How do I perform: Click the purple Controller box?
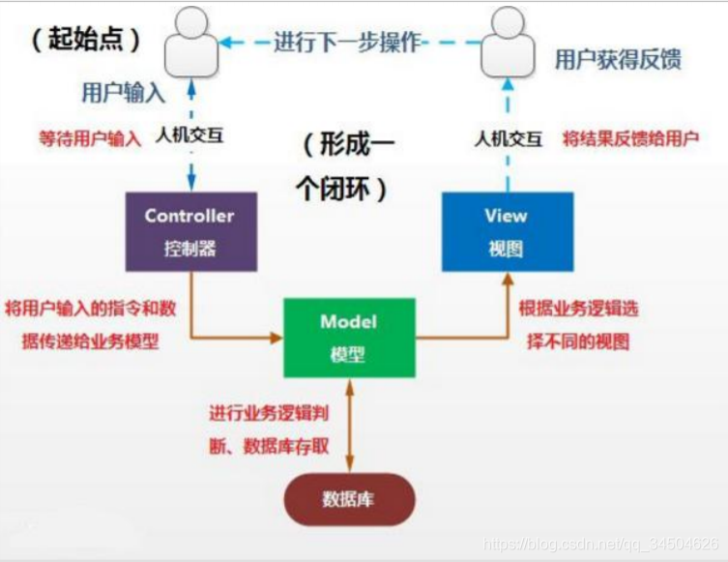click(x=190, y=230)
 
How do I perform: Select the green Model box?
click(x=348, y=337)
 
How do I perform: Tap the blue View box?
click(x=507, y=230)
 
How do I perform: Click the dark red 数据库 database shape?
click(x=348, y=500)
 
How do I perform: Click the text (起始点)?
click(x=86, y=40)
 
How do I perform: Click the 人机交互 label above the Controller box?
click(x=190, y=135)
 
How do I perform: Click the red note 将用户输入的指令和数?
click(x=90, y=309)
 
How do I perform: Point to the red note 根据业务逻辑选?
click(x=578, y=309)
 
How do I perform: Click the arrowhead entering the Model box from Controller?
click(x=277, y=338)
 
